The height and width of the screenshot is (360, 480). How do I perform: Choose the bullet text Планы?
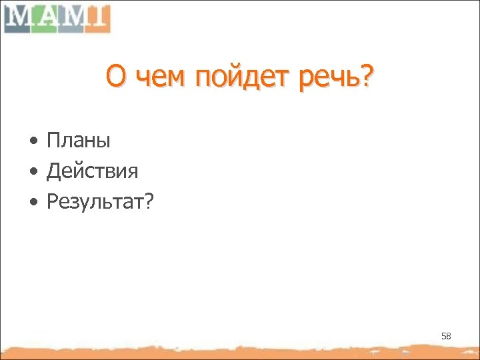78,141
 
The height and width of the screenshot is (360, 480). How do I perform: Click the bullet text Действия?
92,171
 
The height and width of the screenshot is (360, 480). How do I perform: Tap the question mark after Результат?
147,201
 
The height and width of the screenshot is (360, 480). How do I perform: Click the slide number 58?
446,337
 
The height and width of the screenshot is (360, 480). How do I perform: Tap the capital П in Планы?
53,141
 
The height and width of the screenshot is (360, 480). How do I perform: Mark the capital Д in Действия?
53,171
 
